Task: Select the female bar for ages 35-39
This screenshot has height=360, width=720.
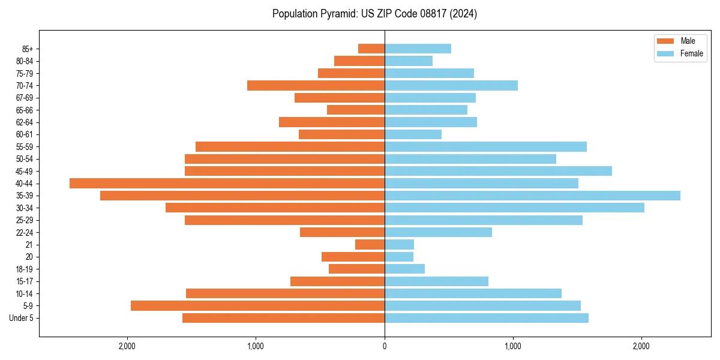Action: point(532,196)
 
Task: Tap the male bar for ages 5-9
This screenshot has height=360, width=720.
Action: point(257,306)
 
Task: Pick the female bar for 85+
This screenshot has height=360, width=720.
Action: point(418,49)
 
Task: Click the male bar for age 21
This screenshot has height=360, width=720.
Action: point(370,245)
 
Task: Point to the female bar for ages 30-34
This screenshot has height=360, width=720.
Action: point(514,208)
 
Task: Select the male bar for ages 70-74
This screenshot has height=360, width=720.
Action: point(316,86)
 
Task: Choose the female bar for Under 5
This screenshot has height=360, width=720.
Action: point(487,318)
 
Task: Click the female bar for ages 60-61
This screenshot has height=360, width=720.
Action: point(413,134)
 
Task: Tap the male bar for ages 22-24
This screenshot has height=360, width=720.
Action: point(342,232)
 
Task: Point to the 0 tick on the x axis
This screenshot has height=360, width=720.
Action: point(385,346)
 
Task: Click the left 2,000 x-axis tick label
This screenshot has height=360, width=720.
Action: point(127,346)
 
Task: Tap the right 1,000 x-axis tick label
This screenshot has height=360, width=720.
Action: point(513,346)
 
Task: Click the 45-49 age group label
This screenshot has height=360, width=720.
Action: point(23,171)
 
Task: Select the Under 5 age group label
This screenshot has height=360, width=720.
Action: point(22,318)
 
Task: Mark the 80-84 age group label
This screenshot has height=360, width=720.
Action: point(23,61)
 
